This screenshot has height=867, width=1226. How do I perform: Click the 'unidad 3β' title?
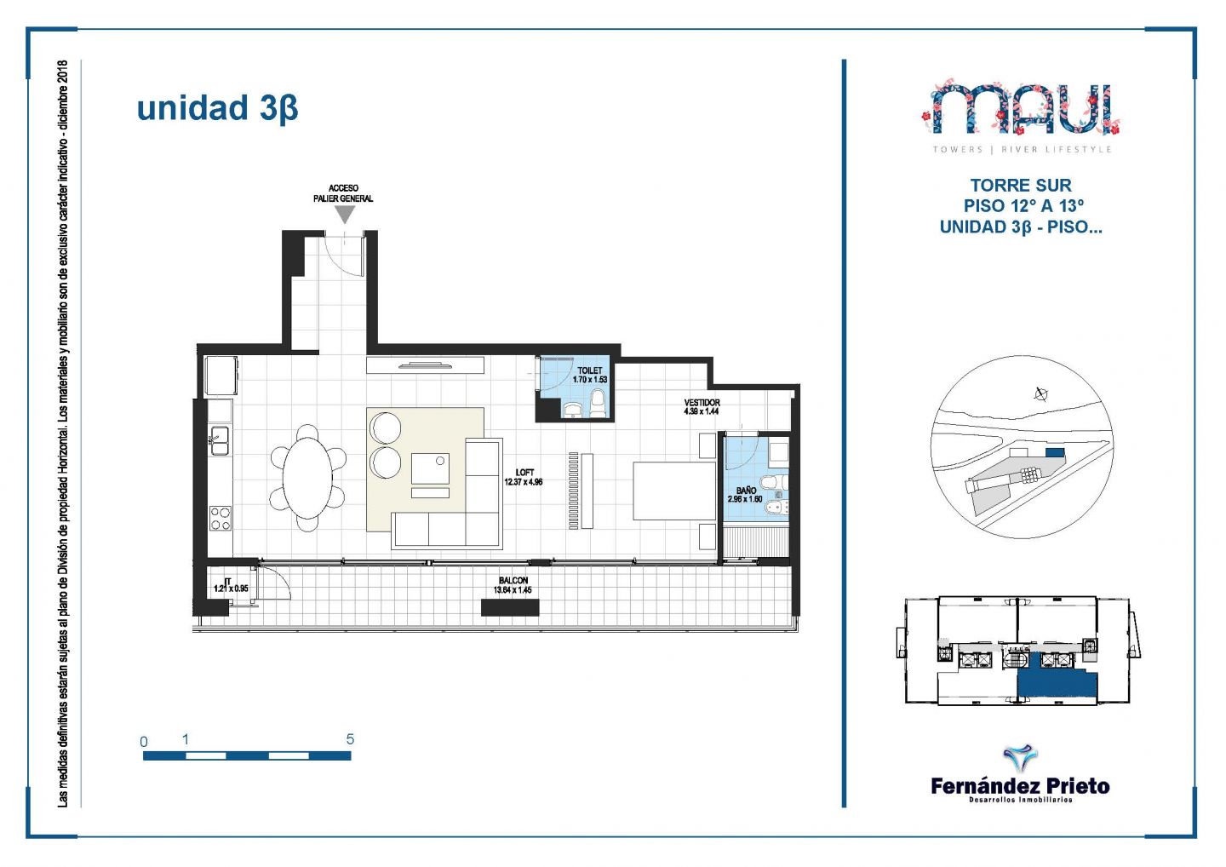coord(217,108)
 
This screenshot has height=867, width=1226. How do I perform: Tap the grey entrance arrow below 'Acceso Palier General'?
coord(344,214)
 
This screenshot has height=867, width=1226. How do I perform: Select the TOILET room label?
coord(589,370)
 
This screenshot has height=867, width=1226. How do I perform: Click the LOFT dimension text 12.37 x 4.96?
coord(524,482)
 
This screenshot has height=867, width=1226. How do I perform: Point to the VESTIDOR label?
coord(702,402)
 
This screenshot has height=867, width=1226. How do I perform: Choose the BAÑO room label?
coord(746,491)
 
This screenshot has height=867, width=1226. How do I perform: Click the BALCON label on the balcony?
coord(513,580)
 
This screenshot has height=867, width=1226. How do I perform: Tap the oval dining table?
coord(307,478)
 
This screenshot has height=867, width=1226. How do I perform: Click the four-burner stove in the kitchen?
coord(221,518)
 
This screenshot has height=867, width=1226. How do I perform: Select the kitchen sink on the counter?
coord(220,440)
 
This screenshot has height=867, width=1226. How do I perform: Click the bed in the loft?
coord(674,491)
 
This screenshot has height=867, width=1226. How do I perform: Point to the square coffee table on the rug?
coord(430,468)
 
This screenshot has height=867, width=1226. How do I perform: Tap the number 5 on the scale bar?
coord(350,739)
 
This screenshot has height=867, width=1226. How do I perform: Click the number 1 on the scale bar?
coord(186,740)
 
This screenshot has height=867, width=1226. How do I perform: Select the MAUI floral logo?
coord(1022,108)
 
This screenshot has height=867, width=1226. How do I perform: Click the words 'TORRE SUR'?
coord(1022,185)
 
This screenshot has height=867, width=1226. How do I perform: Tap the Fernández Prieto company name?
coord(1020,787)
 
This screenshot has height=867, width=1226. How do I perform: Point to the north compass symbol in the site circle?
coord(1041,394)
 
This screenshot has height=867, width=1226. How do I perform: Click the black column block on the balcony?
coord(510,607)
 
